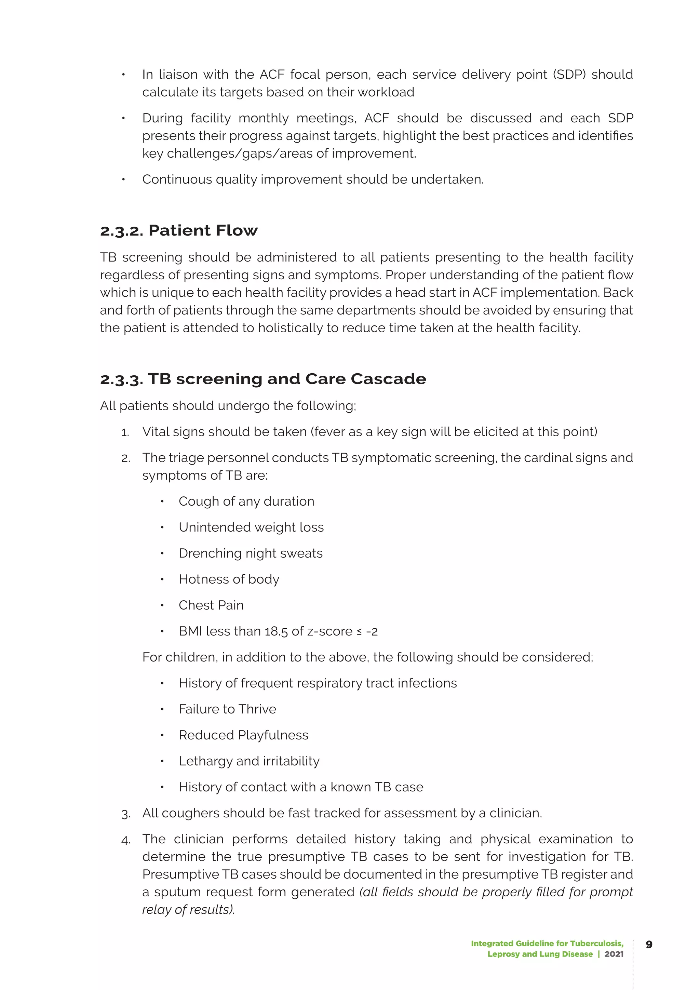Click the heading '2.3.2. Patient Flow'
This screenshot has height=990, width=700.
point(178,231)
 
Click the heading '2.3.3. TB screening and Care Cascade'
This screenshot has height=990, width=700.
point(263,379)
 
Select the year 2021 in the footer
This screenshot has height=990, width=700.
point(614,954)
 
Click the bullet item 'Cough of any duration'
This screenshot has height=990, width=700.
point(246,501)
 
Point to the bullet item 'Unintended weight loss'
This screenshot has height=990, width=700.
point(251,527)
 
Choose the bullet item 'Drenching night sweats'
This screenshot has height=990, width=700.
point(251,553)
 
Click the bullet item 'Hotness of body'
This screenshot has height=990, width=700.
point(229,579)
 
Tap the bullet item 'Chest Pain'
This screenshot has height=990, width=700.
point(211,605)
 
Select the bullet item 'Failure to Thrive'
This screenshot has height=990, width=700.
point(227,709)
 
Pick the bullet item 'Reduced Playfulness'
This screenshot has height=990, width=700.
point(244,735)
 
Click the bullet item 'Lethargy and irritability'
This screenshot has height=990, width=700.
point(249,761)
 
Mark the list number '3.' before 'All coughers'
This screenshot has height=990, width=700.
point(125,814)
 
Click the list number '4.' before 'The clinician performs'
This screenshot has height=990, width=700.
point(125,840)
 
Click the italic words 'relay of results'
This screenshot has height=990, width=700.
point(188,910)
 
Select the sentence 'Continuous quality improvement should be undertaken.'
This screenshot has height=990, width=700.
point(313,179)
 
